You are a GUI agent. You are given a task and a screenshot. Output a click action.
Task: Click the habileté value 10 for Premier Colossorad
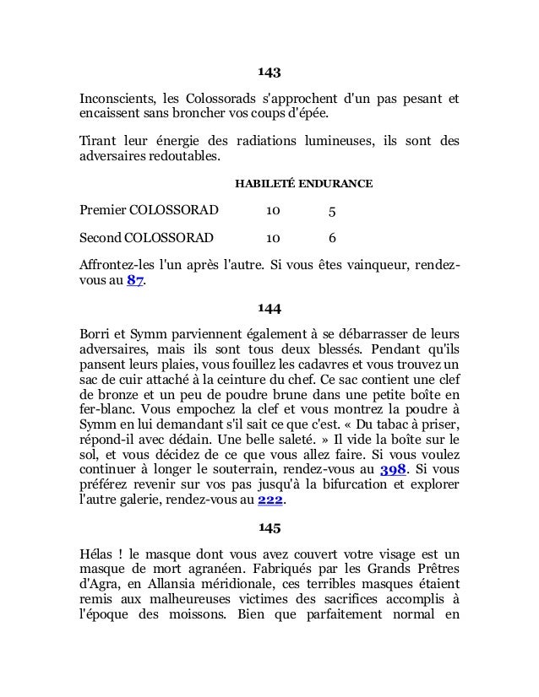(275, 209)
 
